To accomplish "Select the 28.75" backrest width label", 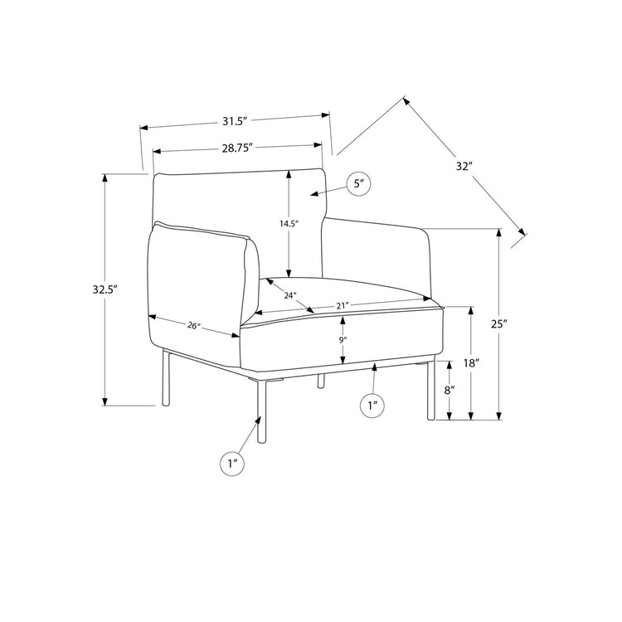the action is point(237,148).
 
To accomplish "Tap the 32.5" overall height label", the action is point(106,289).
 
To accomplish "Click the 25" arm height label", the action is point(499,324).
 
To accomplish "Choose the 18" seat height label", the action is point(472,362).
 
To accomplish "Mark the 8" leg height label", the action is point(449,391).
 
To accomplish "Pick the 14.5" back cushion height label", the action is point(289,224).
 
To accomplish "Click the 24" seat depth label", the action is point(290,295).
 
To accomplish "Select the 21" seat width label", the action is point(342,305).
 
